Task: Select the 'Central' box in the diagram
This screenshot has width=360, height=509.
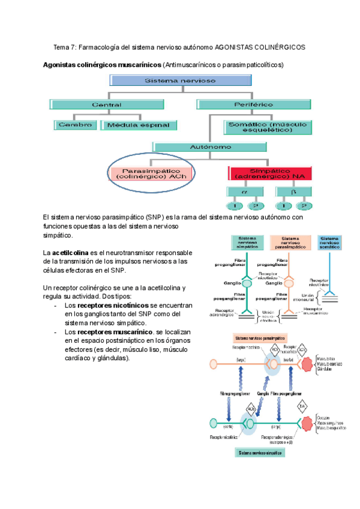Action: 106,104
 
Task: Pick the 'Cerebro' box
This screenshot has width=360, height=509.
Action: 75,125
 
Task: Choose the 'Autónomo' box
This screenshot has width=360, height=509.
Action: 209,146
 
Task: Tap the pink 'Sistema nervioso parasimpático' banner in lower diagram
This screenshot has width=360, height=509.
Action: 260,338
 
